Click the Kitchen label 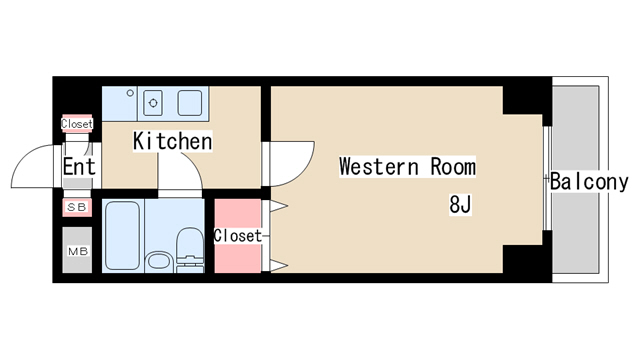click(173, 141)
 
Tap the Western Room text click(407, 167)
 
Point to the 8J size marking click(460, 204)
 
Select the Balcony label click(589, 182)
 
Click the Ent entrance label click(79, 166)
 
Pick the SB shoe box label click(77, 207)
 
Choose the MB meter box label click(78, 251)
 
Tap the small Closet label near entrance click(77, 124)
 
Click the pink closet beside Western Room click(238, 236)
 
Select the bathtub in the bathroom click(122, 236)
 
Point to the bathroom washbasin click(159, 261)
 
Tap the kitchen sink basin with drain click(153, 103)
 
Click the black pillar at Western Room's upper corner click(527, 100)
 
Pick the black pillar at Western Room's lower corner click(527, 258)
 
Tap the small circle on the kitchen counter click(130, 93)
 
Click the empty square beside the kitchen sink click(190, 103)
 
